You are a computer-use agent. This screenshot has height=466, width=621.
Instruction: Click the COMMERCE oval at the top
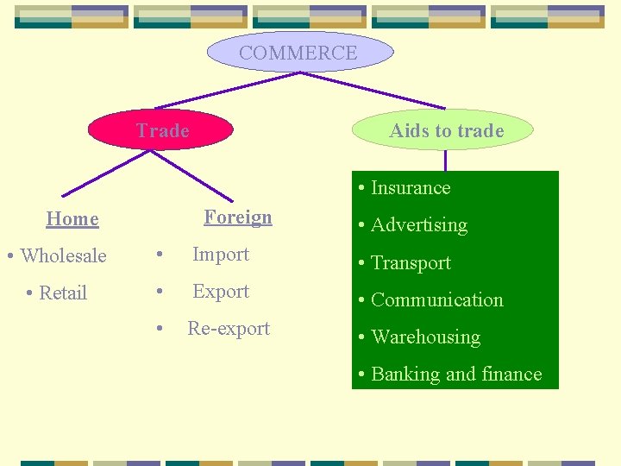[298, 53]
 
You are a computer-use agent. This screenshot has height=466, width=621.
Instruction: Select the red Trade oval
[162, 130]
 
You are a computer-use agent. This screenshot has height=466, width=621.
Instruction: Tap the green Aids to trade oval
[446, 130]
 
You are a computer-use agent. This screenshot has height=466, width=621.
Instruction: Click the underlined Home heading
[72, 219]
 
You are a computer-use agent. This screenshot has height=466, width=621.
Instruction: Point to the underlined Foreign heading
[238, 217]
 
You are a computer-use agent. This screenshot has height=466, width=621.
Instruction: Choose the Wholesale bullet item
[57, 255]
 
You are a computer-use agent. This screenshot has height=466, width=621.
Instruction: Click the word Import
[221, 255]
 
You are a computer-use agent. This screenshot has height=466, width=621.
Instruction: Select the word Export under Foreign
[221, 292]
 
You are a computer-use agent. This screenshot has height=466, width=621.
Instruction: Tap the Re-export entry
[229, 329]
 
